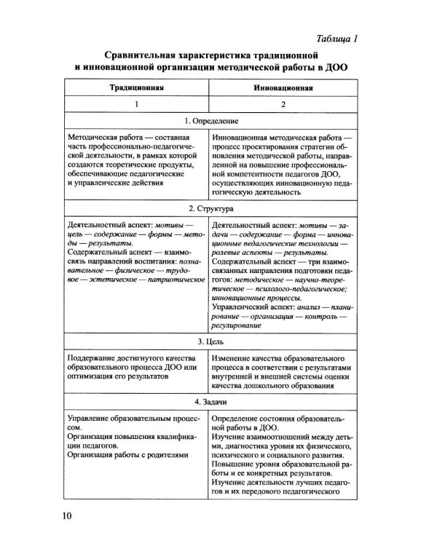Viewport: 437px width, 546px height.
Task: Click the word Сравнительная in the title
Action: (x=145, y=55)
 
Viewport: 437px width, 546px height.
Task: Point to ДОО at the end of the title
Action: (x=338, y=68)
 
